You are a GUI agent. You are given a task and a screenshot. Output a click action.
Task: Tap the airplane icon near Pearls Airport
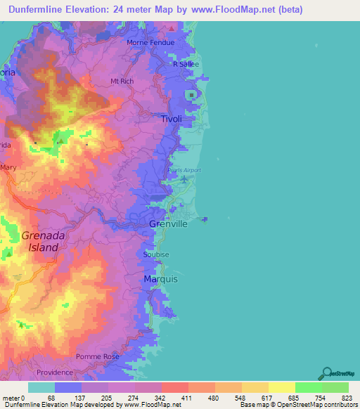(184, 179)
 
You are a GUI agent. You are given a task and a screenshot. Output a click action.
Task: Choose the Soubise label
(156, 254)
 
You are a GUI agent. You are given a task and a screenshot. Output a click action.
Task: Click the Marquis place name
(160, 279)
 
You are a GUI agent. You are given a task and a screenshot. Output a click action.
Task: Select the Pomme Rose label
(98, 357)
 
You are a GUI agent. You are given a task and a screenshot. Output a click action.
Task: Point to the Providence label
(56, 372)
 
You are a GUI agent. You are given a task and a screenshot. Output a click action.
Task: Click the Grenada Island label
(44, 242)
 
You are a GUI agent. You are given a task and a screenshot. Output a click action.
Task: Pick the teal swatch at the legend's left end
(41, 387)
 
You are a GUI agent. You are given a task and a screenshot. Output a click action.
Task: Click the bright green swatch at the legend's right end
(335, 387)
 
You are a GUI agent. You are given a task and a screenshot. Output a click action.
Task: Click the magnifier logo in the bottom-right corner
(326, 373)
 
